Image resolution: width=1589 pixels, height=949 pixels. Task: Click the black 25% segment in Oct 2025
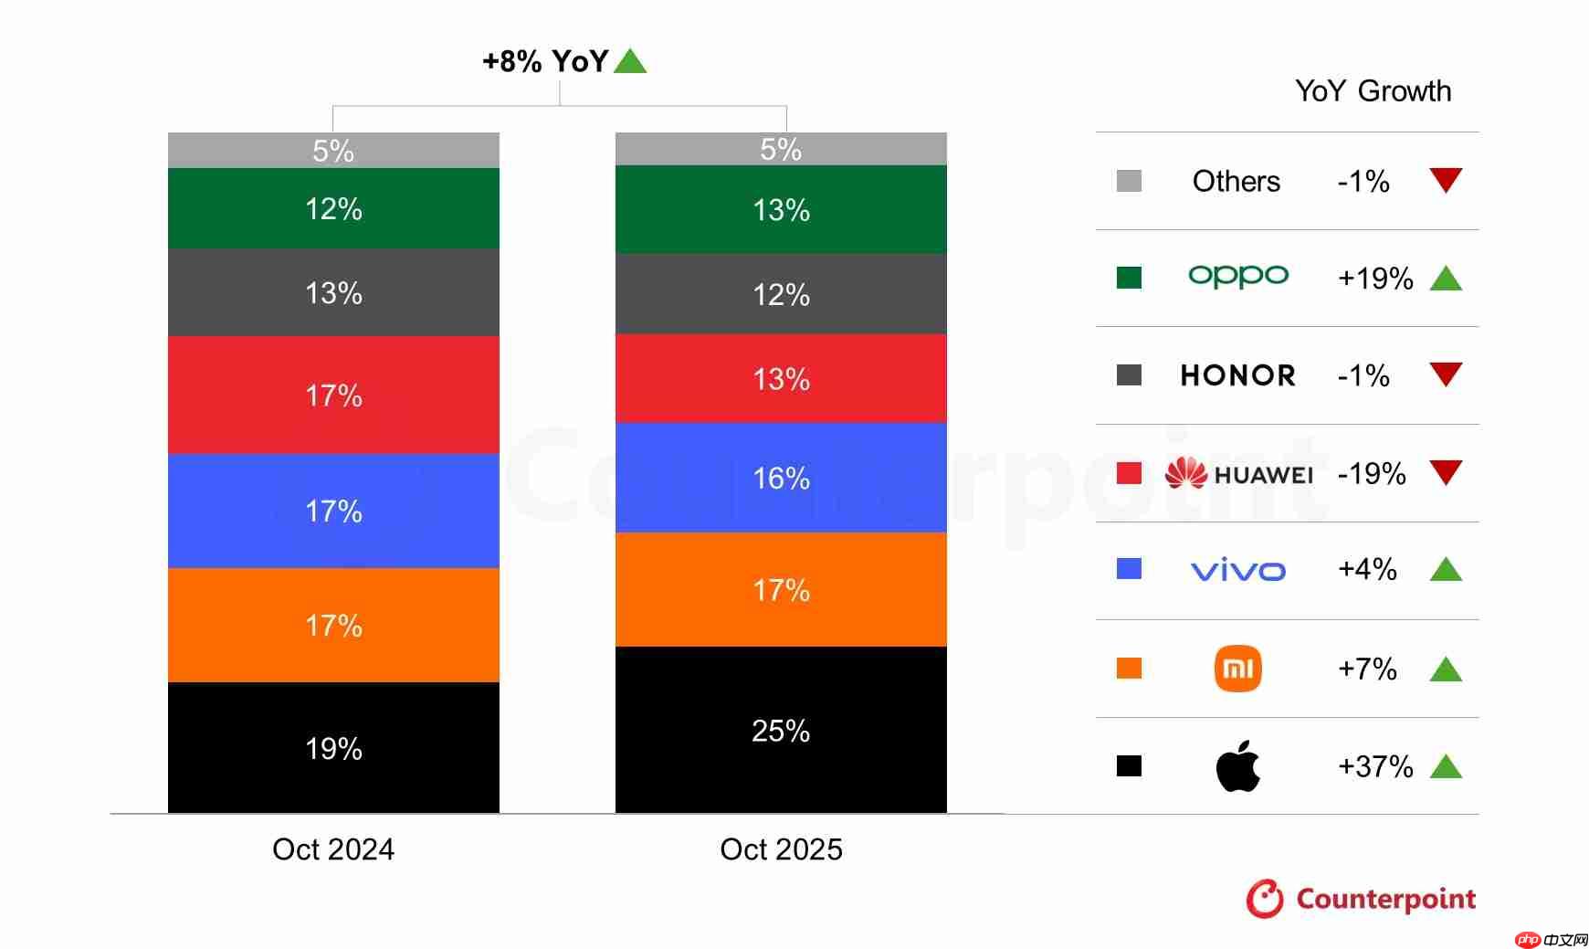point(781,730)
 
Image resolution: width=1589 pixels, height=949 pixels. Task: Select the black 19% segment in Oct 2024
point(333,748)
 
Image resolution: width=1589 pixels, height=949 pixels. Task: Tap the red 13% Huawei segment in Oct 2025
point(781,378)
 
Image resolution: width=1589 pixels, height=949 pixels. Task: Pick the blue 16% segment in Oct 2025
point(781,478)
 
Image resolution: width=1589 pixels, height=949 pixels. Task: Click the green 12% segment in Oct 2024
point(333,208)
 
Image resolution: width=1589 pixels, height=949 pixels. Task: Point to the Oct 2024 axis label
point(333,849)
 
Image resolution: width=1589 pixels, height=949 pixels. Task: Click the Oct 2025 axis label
point(781,849)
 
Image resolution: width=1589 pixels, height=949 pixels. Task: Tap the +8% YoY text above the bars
point(545,61)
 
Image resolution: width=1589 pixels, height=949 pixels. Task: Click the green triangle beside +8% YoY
point(630,61)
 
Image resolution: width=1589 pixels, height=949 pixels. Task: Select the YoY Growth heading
point(1373,91)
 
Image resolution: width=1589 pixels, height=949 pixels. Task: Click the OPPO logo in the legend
point(1238,276)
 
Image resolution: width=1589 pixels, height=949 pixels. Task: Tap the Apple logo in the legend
point(1238,765)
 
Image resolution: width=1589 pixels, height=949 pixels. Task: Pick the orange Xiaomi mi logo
point(1238,669)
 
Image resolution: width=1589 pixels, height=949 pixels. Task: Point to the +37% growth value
point(1375,765)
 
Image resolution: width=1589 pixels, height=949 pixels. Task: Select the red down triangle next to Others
point(1446,179)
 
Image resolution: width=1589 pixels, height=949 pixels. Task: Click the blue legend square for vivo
point(1129,569)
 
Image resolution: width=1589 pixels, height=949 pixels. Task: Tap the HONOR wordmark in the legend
point(1238,375)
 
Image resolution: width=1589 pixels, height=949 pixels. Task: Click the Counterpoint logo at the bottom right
point(1361,899)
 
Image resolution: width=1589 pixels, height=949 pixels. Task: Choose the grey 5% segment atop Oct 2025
point(781,149)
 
